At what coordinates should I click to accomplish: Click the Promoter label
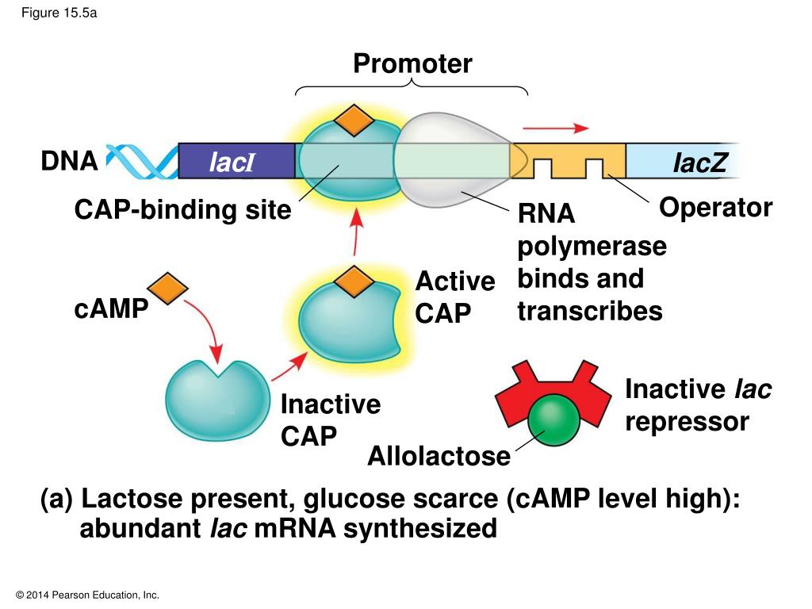412,63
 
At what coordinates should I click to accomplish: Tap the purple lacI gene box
236,161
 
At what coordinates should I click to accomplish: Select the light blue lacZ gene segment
683,161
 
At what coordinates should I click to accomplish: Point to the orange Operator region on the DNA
568,160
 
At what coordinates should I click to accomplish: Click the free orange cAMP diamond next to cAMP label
167,289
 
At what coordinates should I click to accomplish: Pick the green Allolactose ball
553,420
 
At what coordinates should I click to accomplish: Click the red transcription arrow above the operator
556,128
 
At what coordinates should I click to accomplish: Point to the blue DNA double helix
142,161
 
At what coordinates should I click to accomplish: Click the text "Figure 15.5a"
59,13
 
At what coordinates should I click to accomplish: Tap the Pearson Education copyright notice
87,595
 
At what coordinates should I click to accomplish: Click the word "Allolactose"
439,456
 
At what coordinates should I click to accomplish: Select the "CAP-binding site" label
183,210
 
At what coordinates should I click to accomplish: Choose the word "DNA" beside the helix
70,161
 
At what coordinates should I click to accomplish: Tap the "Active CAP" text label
454,297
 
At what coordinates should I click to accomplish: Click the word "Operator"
716,209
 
